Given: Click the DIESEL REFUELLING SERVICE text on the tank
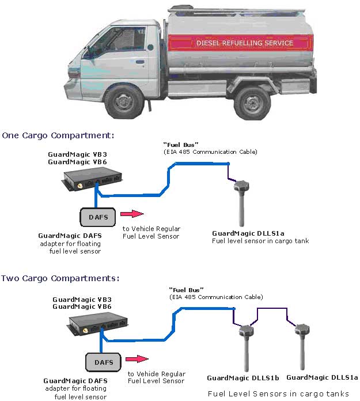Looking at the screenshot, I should [x=245, y=43].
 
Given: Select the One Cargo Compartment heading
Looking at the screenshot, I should [x=58, y=135].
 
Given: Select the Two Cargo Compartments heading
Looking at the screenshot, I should [x=60, y=278].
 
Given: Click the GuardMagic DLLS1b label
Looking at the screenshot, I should [x=243, y=379].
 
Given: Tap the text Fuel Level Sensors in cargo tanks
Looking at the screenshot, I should [x=278, y=394].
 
